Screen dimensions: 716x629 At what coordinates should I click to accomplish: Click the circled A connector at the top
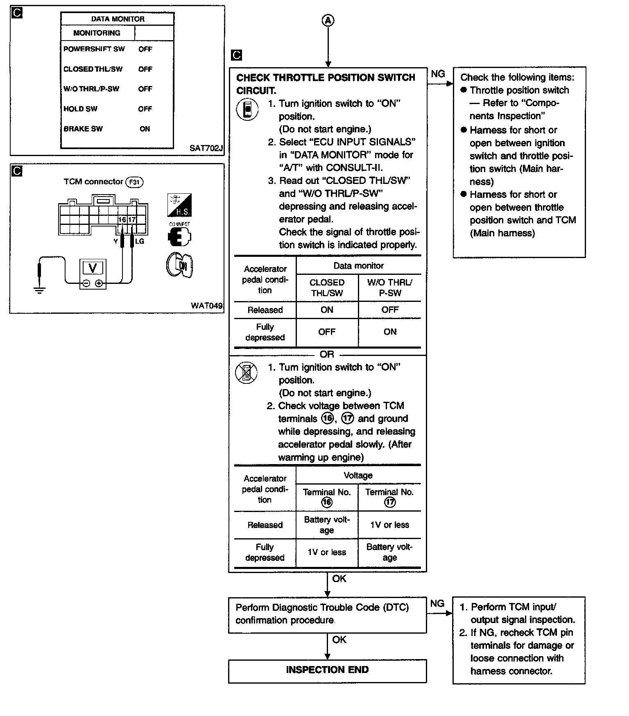point(328,20)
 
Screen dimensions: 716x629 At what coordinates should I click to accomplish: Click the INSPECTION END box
point(327,670)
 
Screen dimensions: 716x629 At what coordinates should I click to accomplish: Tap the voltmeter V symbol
point(93,269)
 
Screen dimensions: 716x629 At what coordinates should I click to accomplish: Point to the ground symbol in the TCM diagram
point(39,290)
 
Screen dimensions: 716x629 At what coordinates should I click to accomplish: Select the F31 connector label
point(134,182)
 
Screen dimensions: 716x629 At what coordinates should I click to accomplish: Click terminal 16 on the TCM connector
point(122,220)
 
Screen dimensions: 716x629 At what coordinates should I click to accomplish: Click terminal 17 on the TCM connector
point(132,220)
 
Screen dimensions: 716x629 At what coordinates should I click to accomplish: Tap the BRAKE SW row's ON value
point(145,129)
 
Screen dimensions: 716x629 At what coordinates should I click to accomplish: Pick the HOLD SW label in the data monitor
point(80,109)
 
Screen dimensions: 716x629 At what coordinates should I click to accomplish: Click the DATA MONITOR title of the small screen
point(118,19)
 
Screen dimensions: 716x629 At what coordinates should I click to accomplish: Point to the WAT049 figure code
point(207,306)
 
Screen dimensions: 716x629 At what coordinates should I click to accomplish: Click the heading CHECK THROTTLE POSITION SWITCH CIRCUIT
point(326,84)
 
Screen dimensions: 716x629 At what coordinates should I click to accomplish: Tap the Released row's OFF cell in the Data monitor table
point(390,310)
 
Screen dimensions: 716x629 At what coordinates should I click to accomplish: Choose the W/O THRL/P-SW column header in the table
point(390,288)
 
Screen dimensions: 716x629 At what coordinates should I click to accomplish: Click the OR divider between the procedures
point(327,354)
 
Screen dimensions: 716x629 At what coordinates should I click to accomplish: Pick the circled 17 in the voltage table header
point(390,502)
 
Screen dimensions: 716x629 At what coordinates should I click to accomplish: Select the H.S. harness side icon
point(179,206)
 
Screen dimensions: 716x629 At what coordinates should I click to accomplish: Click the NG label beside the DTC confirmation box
point(437,604)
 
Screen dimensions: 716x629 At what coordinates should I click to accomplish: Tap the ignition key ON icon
point(180,265)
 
